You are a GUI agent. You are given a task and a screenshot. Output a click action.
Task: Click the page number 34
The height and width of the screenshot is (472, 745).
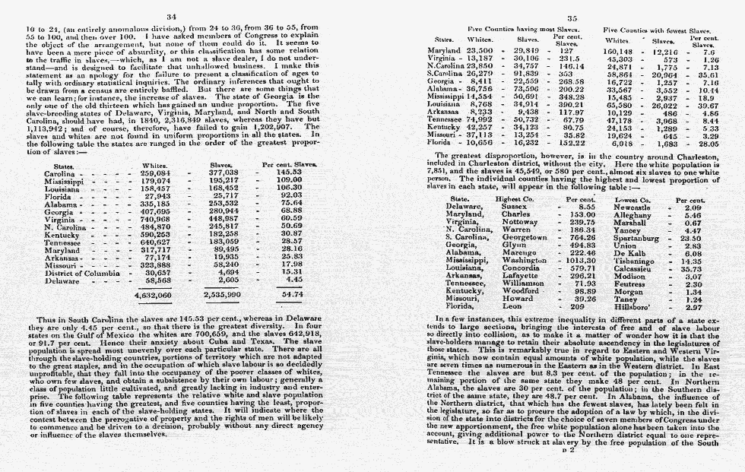(171, 16)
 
